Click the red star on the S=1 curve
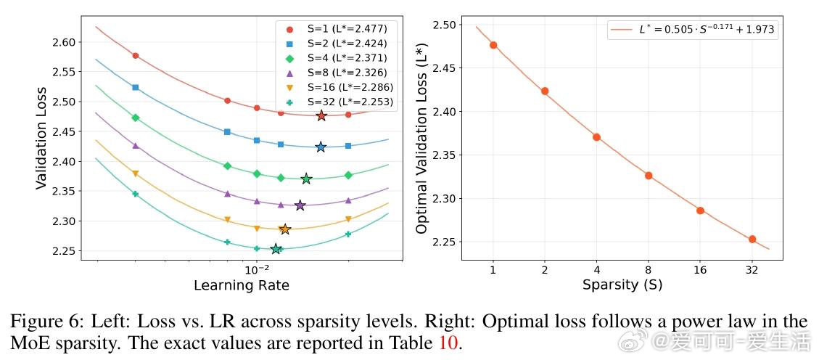coord(321,115)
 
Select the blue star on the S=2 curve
coord(321,147)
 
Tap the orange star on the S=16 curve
coord(285,229)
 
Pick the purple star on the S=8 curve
coord(300,205)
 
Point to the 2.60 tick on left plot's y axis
coord(64,42)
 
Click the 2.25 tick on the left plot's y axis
coord(64,251)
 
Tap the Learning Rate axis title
coord(241,285)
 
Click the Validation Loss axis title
coord(41,139)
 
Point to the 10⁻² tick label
coord(256,269)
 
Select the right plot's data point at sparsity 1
coord(493,45)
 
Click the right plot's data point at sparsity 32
coord(752,239)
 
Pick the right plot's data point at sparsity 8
coord(649,176)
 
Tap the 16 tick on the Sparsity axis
coord(700,270)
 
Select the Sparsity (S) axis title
coord(622,285)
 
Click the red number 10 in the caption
coord(448,342)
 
